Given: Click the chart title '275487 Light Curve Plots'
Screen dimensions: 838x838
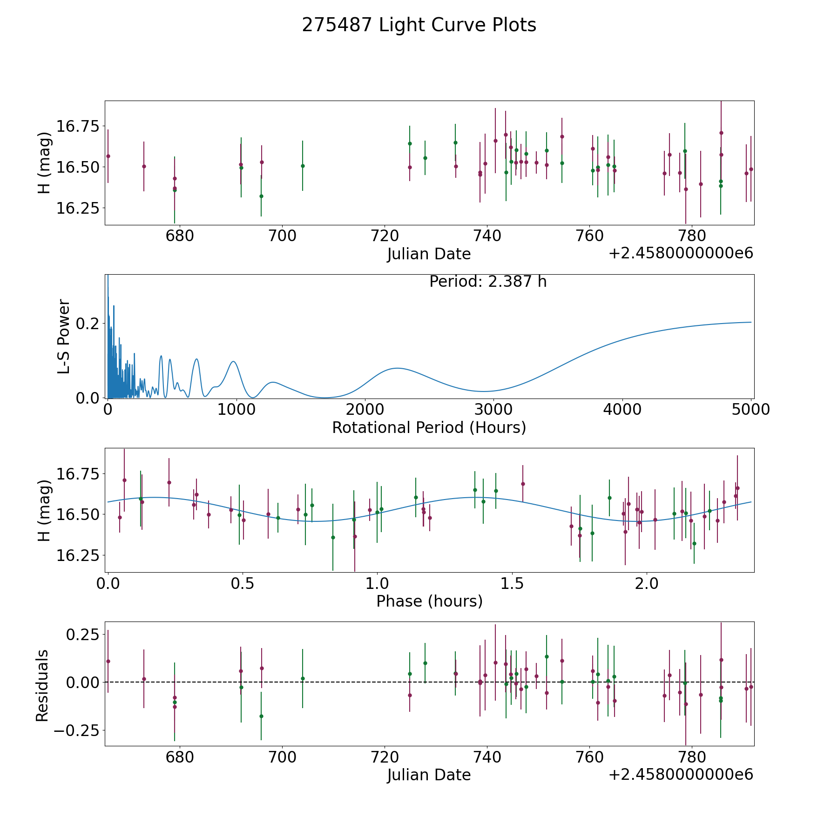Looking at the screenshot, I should (x=419, y=25).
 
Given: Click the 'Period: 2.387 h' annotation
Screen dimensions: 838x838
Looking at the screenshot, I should (x=488, y=282).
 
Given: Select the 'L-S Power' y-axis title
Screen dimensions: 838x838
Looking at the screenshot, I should (x=64, y=336).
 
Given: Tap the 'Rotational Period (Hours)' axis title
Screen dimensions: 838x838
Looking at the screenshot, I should (x=429, y=427).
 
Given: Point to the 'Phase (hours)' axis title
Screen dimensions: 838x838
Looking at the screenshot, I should (x=429, y=601).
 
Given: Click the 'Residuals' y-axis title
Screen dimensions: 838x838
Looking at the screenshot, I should (x=42, y=685).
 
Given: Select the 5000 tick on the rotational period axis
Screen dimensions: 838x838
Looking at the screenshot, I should (x=751, y=410).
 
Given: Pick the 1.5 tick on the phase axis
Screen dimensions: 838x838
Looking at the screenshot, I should (x=512, y=583).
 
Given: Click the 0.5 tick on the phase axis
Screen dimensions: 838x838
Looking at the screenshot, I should (x=243, y=583).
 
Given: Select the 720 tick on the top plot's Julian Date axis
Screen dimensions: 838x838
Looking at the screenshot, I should (x=385, y=236).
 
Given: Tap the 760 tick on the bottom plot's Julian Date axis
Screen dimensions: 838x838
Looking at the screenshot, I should (x=589, y=757).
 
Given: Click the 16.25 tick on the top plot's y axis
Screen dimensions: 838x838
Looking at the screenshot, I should (x=78, y=208).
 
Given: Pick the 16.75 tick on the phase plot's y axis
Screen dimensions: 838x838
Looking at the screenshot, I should (x=78, y=474).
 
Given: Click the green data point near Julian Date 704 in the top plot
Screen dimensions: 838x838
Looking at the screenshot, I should (x=303, y=166).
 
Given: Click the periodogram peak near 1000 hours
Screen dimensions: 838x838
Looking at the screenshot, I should (x=233, y=362).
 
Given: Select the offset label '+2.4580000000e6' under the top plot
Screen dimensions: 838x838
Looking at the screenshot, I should (x=681, y=254).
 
